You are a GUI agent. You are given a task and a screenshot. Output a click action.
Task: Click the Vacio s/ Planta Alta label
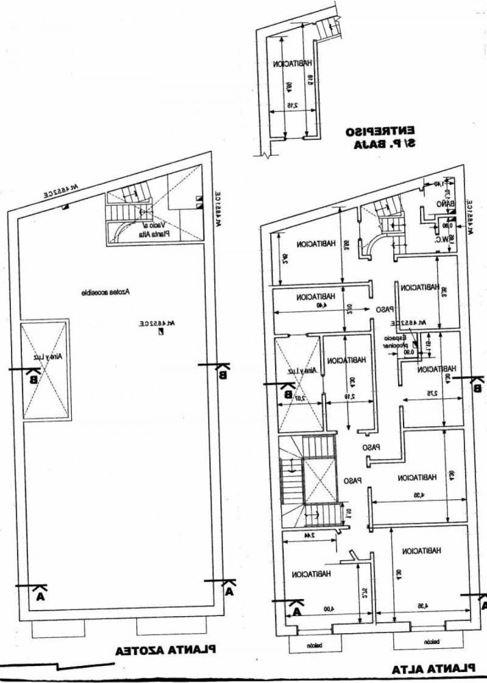click(158, 229)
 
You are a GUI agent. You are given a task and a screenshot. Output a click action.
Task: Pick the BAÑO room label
click(445, 205)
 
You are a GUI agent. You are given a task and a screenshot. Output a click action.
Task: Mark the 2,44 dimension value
click(310, 535)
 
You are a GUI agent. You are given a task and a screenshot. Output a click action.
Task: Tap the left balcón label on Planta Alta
click(313, 643)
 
